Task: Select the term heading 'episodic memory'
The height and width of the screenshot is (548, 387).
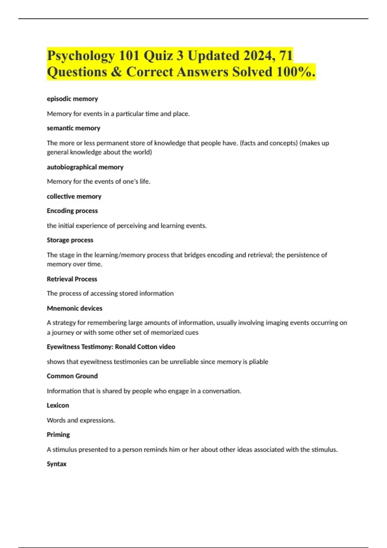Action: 72,99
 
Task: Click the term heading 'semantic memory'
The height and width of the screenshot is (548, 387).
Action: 74,128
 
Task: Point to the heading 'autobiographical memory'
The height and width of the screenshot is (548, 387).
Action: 85,167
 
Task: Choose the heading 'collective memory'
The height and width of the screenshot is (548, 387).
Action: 74,196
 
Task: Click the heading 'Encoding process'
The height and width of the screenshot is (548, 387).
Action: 72,211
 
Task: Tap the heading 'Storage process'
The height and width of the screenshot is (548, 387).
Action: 70,240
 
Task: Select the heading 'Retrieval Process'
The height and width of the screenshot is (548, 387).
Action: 72,279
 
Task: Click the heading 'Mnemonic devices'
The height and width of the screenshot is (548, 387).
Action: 74,308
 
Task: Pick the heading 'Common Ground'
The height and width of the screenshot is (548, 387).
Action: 72,376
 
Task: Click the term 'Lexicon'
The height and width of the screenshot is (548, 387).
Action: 58,406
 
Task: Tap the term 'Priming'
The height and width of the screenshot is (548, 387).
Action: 58,435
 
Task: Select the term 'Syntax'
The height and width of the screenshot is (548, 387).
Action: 56,464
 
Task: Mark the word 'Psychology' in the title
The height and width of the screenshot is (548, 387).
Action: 81,55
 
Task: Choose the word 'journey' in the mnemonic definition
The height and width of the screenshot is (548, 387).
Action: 63,332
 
